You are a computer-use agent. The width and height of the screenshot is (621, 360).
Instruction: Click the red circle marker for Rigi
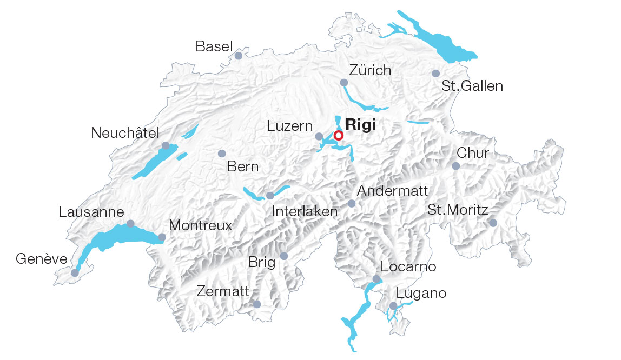[339, 135]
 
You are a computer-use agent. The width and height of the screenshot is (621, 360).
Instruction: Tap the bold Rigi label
[360, 124]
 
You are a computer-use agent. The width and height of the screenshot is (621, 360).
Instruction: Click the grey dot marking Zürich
[343, 83]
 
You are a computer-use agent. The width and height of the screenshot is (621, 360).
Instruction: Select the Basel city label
[214, 46]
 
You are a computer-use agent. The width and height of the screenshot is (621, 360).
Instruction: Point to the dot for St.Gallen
[435, 73]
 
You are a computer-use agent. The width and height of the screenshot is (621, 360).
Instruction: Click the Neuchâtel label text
[125, 133]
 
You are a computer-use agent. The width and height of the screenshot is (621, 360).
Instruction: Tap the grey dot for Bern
[221, 154]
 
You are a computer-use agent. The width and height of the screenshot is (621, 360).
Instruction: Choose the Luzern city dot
[319, 137]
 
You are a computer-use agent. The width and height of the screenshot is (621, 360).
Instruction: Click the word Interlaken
[305, 211]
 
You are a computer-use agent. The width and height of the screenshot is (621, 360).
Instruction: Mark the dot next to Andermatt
[352, 204]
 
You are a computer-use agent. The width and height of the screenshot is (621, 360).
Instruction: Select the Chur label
[473, 153]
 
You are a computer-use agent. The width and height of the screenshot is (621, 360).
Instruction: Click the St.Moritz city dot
[493, 223]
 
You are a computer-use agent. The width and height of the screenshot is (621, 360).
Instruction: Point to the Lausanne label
[91, 212]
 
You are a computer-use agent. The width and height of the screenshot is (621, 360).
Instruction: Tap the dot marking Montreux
[162, 237]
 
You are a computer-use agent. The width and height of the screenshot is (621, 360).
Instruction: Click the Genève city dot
[75, 273]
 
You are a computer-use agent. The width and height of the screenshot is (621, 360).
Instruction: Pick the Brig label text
[262, 263]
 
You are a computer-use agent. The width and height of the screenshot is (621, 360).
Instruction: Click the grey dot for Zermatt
[257, 305]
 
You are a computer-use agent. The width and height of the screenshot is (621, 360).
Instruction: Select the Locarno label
[408, 266]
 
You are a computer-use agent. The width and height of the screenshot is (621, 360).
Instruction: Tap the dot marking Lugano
[393, 306]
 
